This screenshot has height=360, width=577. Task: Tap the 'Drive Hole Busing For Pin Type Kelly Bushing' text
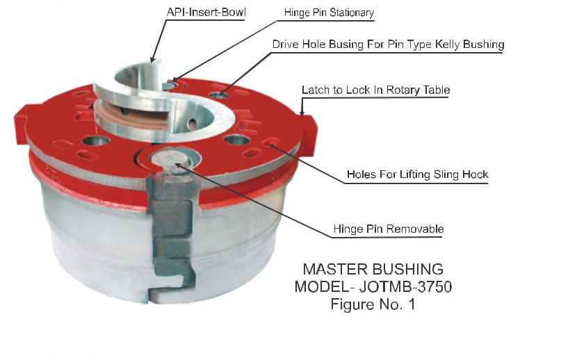point(388,44)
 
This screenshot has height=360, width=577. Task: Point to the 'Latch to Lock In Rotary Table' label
point(376,90)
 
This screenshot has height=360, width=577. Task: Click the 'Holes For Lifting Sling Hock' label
point(417,174)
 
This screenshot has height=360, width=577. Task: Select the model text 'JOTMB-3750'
point(408,286)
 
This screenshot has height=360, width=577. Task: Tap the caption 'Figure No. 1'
point(373,304)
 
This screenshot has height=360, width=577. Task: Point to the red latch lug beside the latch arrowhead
point(308,129)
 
